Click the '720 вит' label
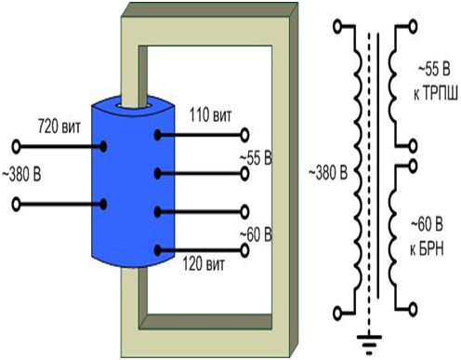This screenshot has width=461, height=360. click(x=59, y=127)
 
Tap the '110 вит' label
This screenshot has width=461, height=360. click(x=210, y=115)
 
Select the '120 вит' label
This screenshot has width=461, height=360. click(x=204, y=264)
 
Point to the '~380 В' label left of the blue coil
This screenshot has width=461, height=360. click(x=21, y=175)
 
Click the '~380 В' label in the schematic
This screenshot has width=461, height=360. click(x=328, y=173)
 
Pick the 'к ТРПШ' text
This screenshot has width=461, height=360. click(x=435, y=93)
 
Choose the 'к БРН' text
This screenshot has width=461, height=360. click(x=427, y=248)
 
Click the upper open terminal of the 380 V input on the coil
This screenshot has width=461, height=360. click(x=16, y=147)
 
